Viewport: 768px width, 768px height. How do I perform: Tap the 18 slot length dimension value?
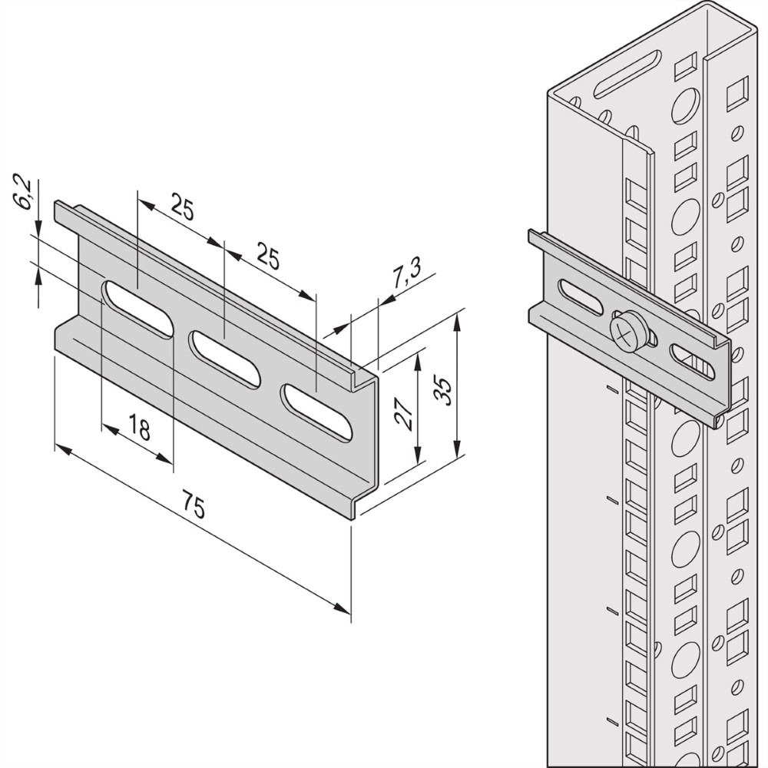click(x=141, y=426)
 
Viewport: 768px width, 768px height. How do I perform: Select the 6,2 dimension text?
click(x=25, y=195)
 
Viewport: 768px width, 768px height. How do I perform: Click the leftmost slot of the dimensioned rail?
click(x=137, y=310)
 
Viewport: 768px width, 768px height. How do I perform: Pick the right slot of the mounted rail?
click(x=693, y=362)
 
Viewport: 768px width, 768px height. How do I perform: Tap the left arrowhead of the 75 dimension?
click(x=63, y=449)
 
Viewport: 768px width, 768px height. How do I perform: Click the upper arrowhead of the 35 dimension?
click(x=456, y=323)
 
